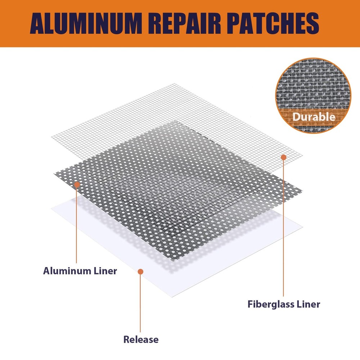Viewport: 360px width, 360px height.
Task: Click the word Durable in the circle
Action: click(x=314, y=117)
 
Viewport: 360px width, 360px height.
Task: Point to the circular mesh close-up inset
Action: click(x=314, y=97)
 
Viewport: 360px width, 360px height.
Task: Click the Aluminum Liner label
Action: click(x=80, y=271)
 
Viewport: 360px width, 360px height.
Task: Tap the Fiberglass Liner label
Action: click(x=284, y=304)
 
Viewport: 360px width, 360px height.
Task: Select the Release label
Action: click(x=141, y=339)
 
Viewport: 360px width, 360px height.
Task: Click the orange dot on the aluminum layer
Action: click(x=77, y=185)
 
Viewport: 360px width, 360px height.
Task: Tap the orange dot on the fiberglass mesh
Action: click(x=284, y=157)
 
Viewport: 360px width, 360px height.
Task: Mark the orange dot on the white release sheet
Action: click(x=141, y=271)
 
